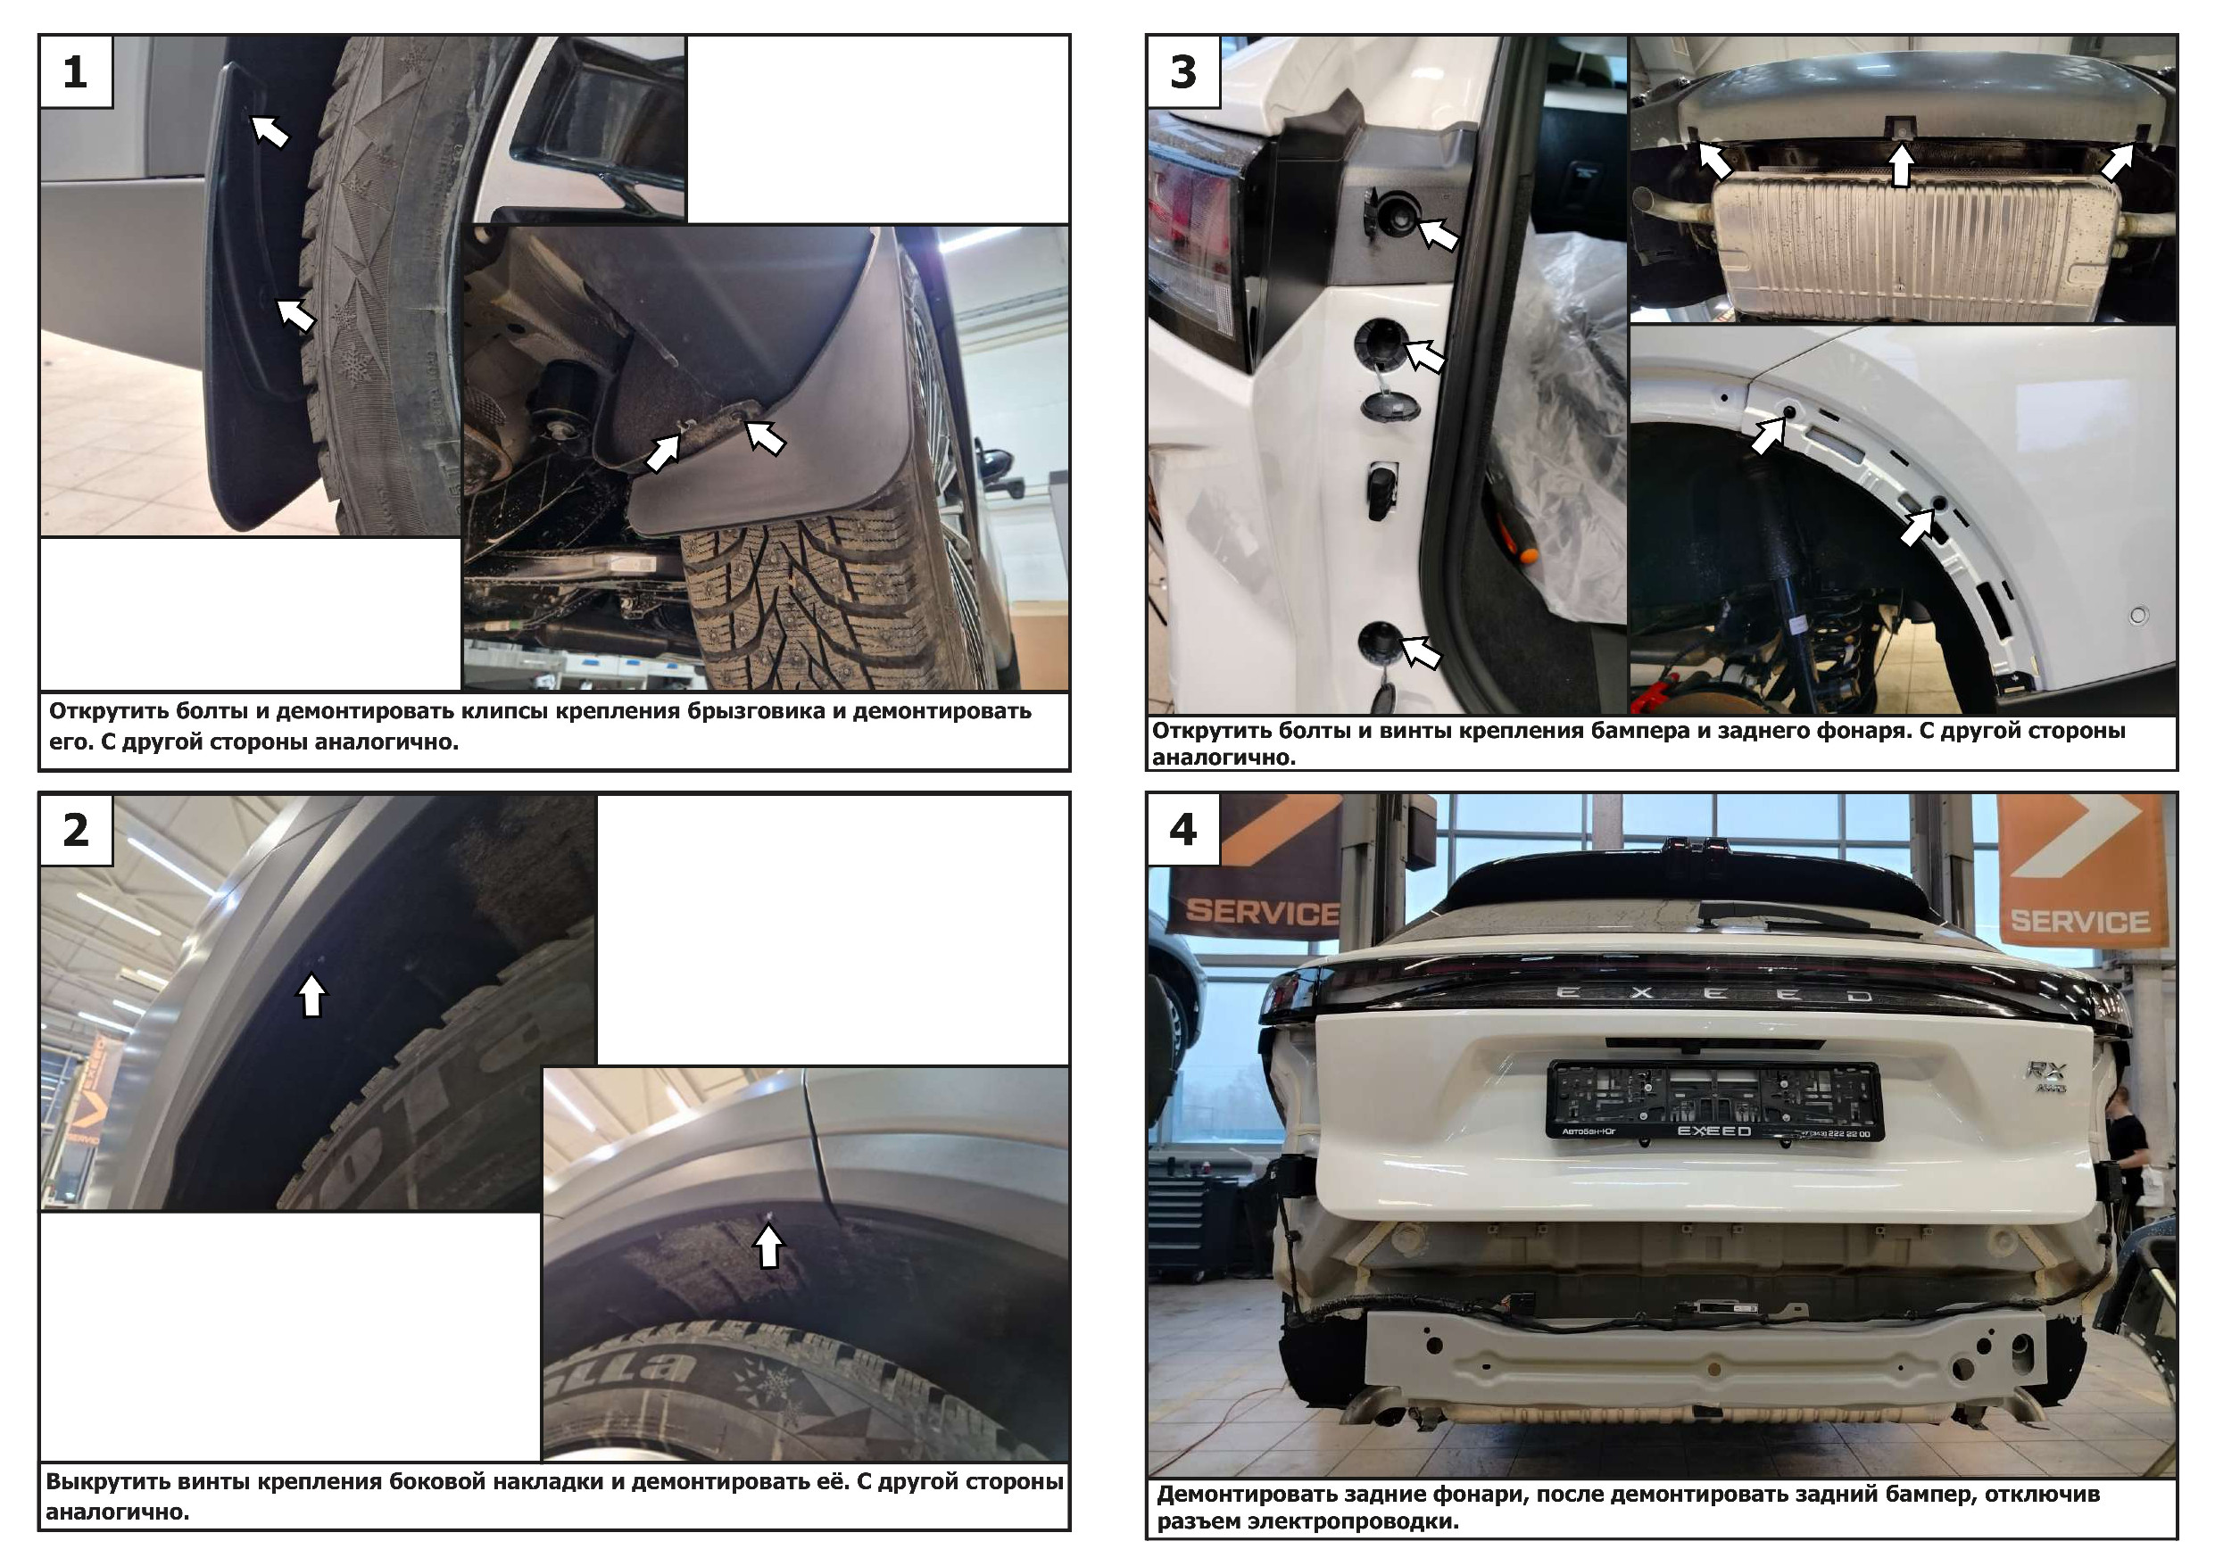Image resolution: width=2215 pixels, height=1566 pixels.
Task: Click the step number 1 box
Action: [x=76, y=72]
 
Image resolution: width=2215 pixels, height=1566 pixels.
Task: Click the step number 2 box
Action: [x=76, y=830]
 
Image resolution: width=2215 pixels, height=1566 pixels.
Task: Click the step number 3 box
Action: [x=1183, y=72]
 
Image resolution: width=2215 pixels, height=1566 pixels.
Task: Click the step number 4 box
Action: [x=1183, y=830]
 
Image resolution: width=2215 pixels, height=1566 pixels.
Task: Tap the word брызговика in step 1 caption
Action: [x=763, y=711]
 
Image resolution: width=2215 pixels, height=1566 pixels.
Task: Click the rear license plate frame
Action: [x=1714, y=1100]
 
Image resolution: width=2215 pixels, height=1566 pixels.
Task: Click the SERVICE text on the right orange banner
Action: [x=2080, y=922]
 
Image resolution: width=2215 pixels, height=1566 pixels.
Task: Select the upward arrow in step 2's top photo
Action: [x=311, y=995]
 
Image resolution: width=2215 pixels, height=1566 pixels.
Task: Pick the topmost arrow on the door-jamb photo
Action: [x=1438, y=234]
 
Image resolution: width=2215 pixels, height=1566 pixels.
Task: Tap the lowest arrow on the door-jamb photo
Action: [x=1420, y=651]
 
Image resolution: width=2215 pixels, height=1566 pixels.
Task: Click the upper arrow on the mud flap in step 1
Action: [x=270, y=130]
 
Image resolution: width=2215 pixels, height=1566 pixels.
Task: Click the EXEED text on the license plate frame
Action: [x=1713, y=1131]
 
